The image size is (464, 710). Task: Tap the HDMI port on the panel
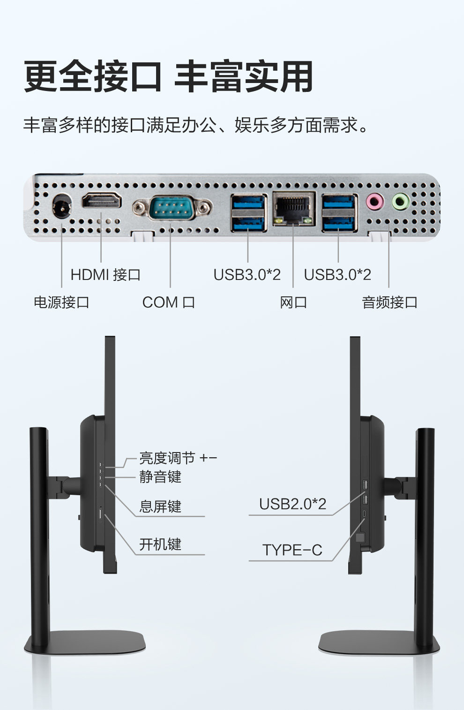click(x=101, y=201)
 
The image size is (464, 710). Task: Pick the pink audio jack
click(x=374, y=202)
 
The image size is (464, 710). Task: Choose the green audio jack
click(x=400, y=202)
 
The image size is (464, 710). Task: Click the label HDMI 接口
click(x=105, y=275)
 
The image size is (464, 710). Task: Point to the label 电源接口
click(x=61, y=302)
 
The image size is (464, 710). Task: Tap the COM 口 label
click(x=168, y=302)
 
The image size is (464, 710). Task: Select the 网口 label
click(x=293, y=302)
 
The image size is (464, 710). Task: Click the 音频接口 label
click(x=389, y=302)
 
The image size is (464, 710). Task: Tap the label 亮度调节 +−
click(x=178, y=458)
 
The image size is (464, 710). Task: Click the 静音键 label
click(x=160, y=477)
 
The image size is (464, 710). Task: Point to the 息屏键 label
click(x=160, y=506)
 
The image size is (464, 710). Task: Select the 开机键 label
click(x=160, y=544)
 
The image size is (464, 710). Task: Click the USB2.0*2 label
click(x=292, y=504)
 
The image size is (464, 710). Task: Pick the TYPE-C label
click(x=292, y=550)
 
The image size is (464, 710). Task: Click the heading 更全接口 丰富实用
click(x=168, y=76)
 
